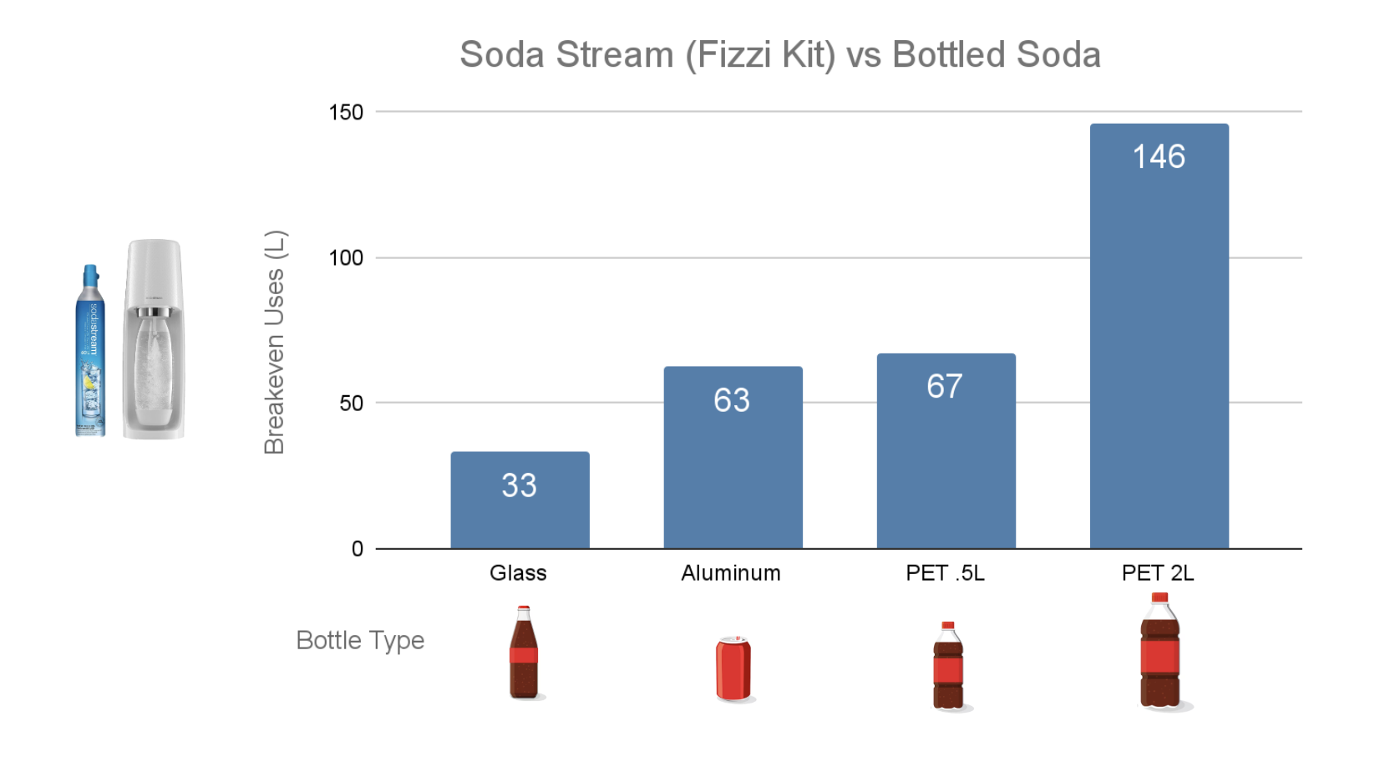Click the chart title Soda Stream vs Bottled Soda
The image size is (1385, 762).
click(x=779, y=55)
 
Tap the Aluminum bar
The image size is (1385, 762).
click(x=733, y=468)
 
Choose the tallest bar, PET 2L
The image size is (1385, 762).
click(x=1159, y=351)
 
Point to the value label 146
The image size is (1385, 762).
click(x=1159, y=156)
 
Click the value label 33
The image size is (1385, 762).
click(x=519, y=485)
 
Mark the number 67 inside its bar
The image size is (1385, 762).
click(x=945, y=386)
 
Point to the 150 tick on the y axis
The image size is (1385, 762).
click(x=346, y=113)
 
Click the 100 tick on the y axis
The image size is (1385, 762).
click(x=346, y=258)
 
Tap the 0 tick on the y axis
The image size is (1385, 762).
click(x=358, y=549)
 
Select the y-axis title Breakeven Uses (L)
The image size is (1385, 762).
click(x=275, y=343)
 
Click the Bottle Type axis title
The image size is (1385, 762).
click(x=360, y=641)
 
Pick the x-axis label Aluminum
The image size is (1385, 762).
click(x=731, y=573)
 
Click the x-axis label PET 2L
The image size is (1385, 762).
click(x=1158, y=573)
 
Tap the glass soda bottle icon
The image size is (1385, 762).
click(x=524, y=653)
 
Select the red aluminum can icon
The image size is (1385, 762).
click(x=733, y=668)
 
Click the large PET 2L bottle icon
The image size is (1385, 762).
click(x=1160, y=652)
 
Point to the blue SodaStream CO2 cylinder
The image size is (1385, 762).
click(x=90, y=351)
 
